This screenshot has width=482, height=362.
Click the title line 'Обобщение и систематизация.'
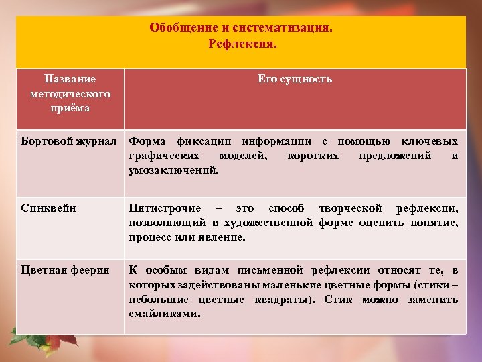point(241,28)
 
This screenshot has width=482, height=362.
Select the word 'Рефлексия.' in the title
point(242,44)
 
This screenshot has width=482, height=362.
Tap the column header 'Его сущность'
point(295,79)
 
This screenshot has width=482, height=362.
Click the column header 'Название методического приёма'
point(70,93)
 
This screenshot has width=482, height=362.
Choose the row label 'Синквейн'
point(49,208)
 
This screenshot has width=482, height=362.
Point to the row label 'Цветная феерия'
point(65,270)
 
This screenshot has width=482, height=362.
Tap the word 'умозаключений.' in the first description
point(173,171)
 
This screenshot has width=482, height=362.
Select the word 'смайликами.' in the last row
point(165,313)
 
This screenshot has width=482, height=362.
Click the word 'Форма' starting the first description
point(147,141)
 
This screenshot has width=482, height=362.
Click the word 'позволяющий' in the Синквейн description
point(166,223)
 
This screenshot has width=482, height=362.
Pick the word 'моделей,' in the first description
point(242,156)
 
